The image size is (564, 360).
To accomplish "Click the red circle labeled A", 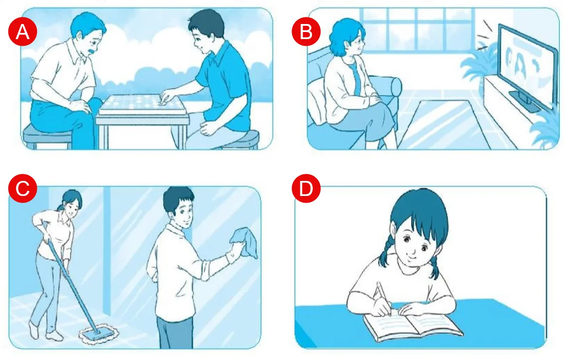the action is click(23, 32).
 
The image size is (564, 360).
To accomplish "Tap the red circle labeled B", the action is click(306, 32).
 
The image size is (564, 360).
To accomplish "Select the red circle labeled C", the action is click(23, 188).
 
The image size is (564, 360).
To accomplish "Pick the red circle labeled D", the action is click(306, 188).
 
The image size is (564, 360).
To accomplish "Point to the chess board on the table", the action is click(143, 104).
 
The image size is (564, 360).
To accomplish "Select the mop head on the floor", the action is click(99, 334).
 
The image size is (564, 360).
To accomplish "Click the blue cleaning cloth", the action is click(245, 242).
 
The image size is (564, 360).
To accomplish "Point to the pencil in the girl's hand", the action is click(383, 298).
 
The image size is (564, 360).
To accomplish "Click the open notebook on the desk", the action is click(413, 326).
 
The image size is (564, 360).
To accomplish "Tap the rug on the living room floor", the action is click(444, 124).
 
